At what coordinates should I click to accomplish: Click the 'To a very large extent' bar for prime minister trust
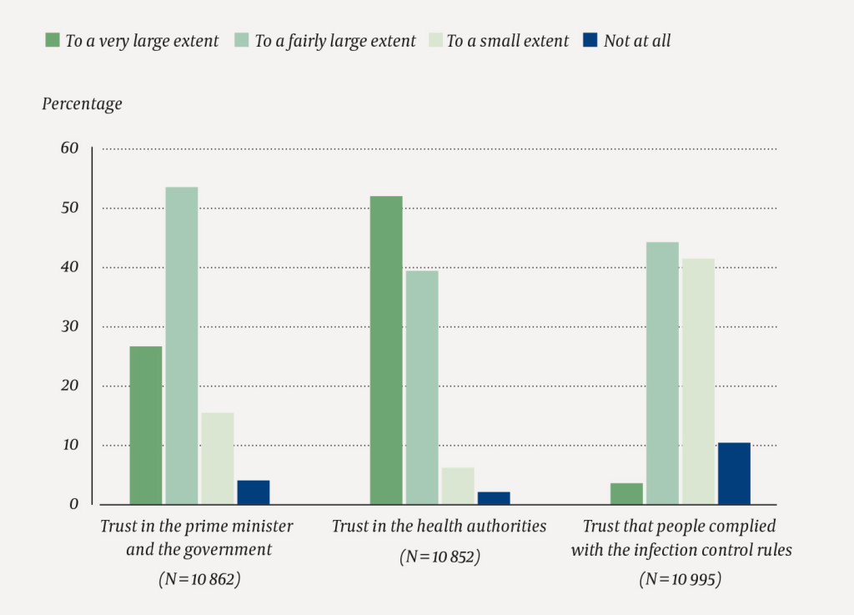(x=146, y=425)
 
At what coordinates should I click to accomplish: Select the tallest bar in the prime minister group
(x=182, y=345)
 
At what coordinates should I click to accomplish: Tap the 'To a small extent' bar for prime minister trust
(x=218, y=458)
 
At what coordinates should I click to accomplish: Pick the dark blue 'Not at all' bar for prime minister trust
(x=254, y=492)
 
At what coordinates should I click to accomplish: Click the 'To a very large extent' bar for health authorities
(x=386, y=350)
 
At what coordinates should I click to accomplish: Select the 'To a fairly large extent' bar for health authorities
(x=422, y=387)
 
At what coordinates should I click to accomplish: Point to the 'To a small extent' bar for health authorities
(x=458, y=486)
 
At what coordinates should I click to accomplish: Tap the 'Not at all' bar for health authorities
(x=494, y=498)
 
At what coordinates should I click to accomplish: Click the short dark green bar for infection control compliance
(x=626, y=494)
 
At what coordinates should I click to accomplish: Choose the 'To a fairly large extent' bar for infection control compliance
(x=662, y=373)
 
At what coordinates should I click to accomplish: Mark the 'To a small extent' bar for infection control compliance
(x=698, y=381)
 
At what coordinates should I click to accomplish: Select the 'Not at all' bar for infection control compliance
(x=734, y=473)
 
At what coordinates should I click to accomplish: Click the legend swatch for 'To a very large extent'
(x=53, y=39)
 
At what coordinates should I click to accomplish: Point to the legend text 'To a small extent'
(x=507, y=41)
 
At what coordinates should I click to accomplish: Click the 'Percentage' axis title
(x=82, y=104)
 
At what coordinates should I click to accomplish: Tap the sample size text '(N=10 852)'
(x=440, y=557)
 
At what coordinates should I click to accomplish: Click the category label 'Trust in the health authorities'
(x=440, y=527)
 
